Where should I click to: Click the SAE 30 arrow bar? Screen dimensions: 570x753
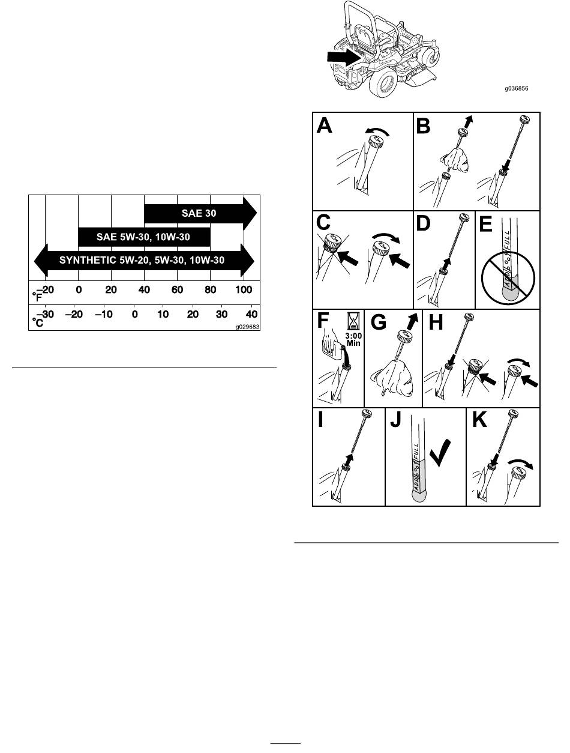(200, 213)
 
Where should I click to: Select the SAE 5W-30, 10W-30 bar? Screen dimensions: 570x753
(144, 237)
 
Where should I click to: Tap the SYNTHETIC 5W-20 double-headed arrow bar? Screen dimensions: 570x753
(144, 261)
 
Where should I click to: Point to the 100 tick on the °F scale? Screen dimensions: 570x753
(244, 290)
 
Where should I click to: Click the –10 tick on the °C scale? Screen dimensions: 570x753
(104, 314)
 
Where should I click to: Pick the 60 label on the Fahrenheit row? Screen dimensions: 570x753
(177, 290)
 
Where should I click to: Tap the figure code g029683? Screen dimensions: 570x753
(247, 327)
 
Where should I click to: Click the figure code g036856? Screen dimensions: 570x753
(516, 88)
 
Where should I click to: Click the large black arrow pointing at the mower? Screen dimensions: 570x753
(344, 57)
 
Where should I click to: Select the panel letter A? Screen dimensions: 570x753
(324, 125)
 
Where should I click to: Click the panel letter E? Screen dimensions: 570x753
(485, 225)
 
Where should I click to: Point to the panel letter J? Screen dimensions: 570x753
(396, 420)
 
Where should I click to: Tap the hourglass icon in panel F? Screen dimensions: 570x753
(352, 321)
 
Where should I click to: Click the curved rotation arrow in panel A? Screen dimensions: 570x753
(377, 131)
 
